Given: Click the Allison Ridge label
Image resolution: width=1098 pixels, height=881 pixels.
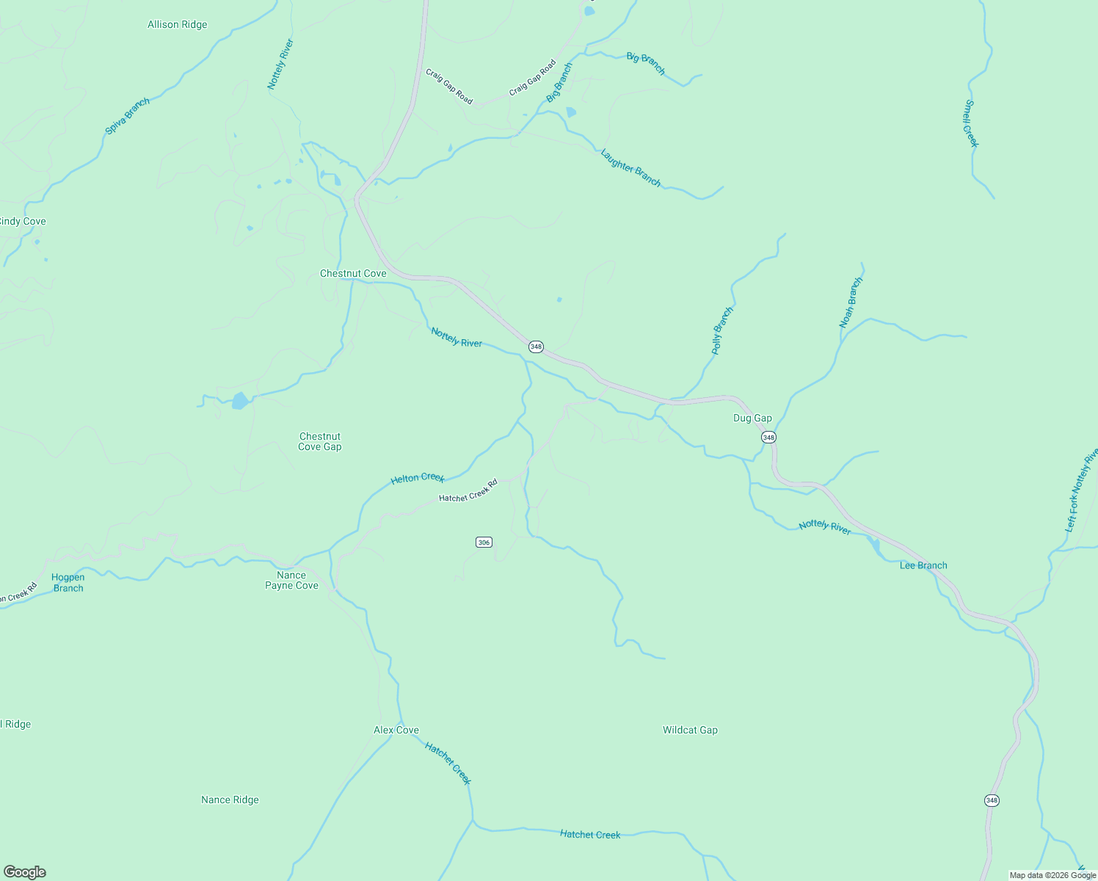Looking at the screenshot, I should click(x=177, y=25).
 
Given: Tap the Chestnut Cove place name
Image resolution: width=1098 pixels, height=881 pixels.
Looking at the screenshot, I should click(x=352, y=274).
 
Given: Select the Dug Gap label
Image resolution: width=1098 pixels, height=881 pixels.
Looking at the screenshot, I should click(x=752, y=418).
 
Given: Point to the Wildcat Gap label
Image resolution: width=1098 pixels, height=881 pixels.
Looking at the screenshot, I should click(x=690, y=730).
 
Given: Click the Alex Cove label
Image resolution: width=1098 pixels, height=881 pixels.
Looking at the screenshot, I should click(x=396, y=730).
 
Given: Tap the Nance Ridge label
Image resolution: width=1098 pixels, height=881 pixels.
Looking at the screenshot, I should click(x=230, y=800).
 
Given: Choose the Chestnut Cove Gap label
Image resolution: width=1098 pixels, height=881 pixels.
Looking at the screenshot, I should click(x=320, y=442).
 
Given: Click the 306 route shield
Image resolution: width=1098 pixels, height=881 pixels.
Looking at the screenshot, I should click(x=483, y=543).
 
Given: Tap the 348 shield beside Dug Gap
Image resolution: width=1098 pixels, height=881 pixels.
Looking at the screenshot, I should click(x=768, y=438).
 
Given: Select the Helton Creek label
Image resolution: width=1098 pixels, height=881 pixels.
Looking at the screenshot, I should click(x=418, y=479).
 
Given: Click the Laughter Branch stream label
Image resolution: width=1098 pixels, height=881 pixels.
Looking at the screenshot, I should click(x=630, y=168).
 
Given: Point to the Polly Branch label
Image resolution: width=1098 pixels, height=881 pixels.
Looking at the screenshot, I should click(x=722, y=331).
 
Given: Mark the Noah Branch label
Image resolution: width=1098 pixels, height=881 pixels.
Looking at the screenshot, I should click(x=851, y=302).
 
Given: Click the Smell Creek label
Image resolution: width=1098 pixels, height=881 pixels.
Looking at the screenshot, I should click(x=971, y=123).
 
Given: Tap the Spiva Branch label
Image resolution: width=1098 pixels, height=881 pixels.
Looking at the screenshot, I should click(x=128, y=116).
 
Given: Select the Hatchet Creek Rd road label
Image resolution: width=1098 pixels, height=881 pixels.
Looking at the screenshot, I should click(x=468, y=490).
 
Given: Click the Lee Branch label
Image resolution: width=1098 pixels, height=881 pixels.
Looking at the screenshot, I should click(x=923, y=566).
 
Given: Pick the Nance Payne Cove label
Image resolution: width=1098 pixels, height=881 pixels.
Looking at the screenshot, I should click(x=291, y=581).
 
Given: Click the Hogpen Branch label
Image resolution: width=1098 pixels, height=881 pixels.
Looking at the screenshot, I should click(x=68, y=583).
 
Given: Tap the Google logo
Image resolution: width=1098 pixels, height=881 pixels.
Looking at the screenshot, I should click(x=25, y=872).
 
